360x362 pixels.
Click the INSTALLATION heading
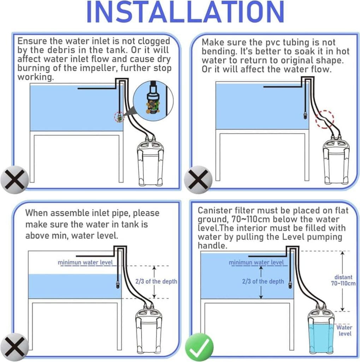click(x=185, y=12)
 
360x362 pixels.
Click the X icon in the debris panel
click(x=14, y=180)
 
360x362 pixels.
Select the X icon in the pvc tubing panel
click(x=198, y=180)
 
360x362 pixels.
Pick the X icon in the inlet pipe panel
click(x=14, y=347)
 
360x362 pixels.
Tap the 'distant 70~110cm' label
click(x=343, y=280)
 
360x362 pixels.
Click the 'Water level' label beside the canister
click(x=344, y=331)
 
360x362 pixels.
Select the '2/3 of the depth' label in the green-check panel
click(x=263, y=281)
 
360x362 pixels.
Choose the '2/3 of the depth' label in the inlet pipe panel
click(x=156, y=281)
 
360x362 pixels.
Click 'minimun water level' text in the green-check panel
click(x=256, y=263)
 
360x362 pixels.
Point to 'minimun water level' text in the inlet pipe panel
click(x=85, y=263)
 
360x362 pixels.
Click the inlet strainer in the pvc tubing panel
click(x=305, y=115)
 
